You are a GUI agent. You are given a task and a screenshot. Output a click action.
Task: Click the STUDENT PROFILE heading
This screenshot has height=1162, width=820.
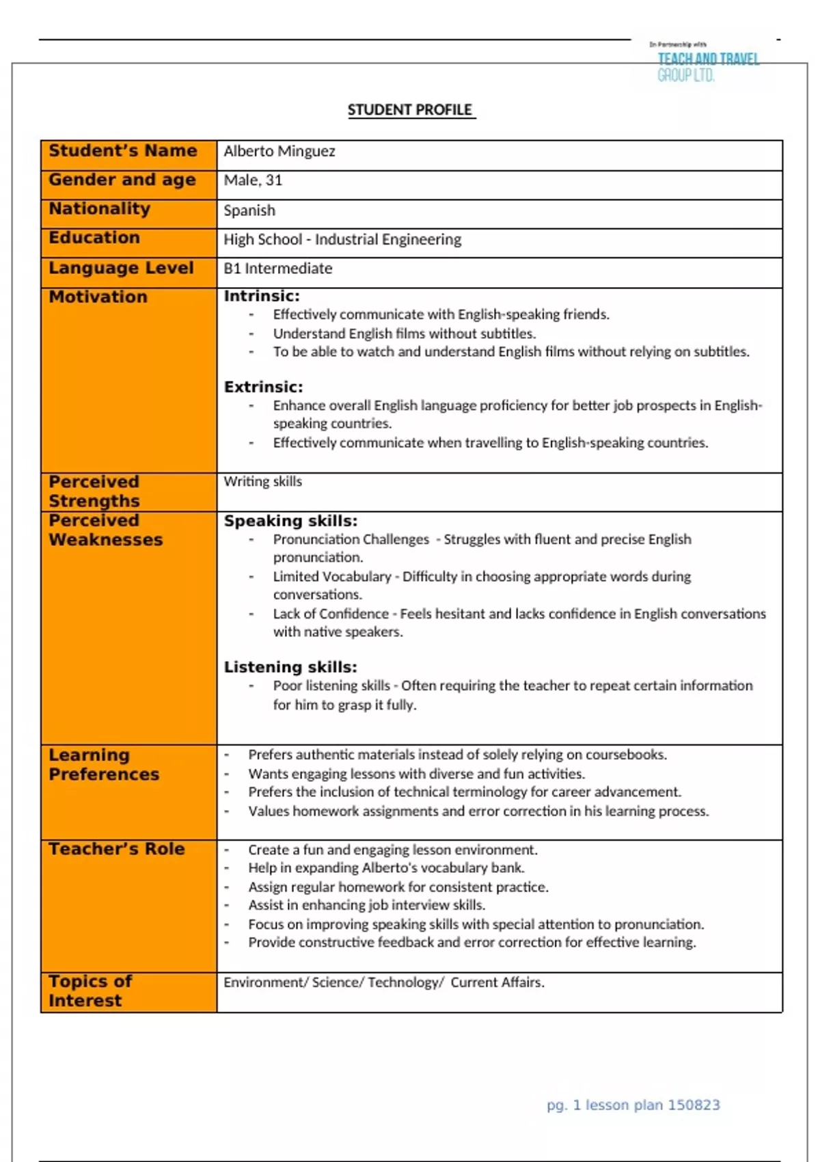coord(410,110)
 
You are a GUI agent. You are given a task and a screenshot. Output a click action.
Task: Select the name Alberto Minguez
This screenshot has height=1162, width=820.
coord(279,151)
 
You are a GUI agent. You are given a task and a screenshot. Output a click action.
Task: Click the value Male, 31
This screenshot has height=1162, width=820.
coord(253,180)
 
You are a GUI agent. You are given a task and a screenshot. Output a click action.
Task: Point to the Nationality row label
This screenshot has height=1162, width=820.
coord(100,209)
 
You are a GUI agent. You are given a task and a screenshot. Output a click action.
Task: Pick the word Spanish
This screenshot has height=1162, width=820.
coord(249,211)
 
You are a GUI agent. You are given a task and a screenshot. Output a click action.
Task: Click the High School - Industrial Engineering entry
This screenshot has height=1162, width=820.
coord(342,239)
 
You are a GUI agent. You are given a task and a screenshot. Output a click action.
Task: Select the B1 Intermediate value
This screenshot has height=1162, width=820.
coord(277,269)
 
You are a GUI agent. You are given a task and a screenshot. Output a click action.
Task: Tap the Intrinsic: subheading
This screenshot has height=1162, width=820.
coord(262,296)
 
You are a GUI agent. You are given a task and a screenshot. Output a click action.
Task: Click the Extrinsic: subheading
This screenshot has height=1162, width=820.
coord(263,387)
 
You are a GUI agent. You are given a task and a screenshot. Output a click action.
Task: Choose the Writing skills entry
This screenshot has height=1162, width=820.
coord(262,481)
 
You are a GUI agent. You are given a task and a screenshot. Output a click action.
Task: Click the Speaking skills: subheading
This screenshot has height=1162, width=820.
coord(290,521)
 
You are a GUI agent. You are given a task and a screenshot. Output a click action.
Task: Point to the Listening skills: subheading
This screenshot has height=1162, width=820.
coord(290,667)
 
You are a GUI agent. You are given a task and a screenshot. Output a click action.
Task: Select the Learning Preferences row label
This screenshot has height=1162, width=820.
coord(104,765)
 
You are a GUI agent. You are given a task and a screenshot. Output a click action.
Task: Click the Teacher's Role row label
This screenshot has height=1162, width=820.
coord(117,849)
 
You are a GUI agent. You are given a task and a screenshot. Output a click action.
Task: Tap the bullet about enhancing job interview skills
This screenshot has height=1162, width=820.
coord(366,905)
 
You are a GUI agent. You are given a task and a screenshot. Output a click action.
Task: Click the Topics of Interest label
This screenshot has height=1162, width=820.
coord(90,991)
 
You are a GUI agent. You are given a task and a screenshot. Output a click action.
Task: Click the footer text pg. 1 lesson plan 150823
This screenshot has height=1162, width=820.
coord(633,1105)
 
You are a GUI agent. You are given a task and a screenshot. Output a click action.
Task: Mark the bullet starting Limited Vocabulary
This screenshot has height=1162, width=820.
coord(481,585)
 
